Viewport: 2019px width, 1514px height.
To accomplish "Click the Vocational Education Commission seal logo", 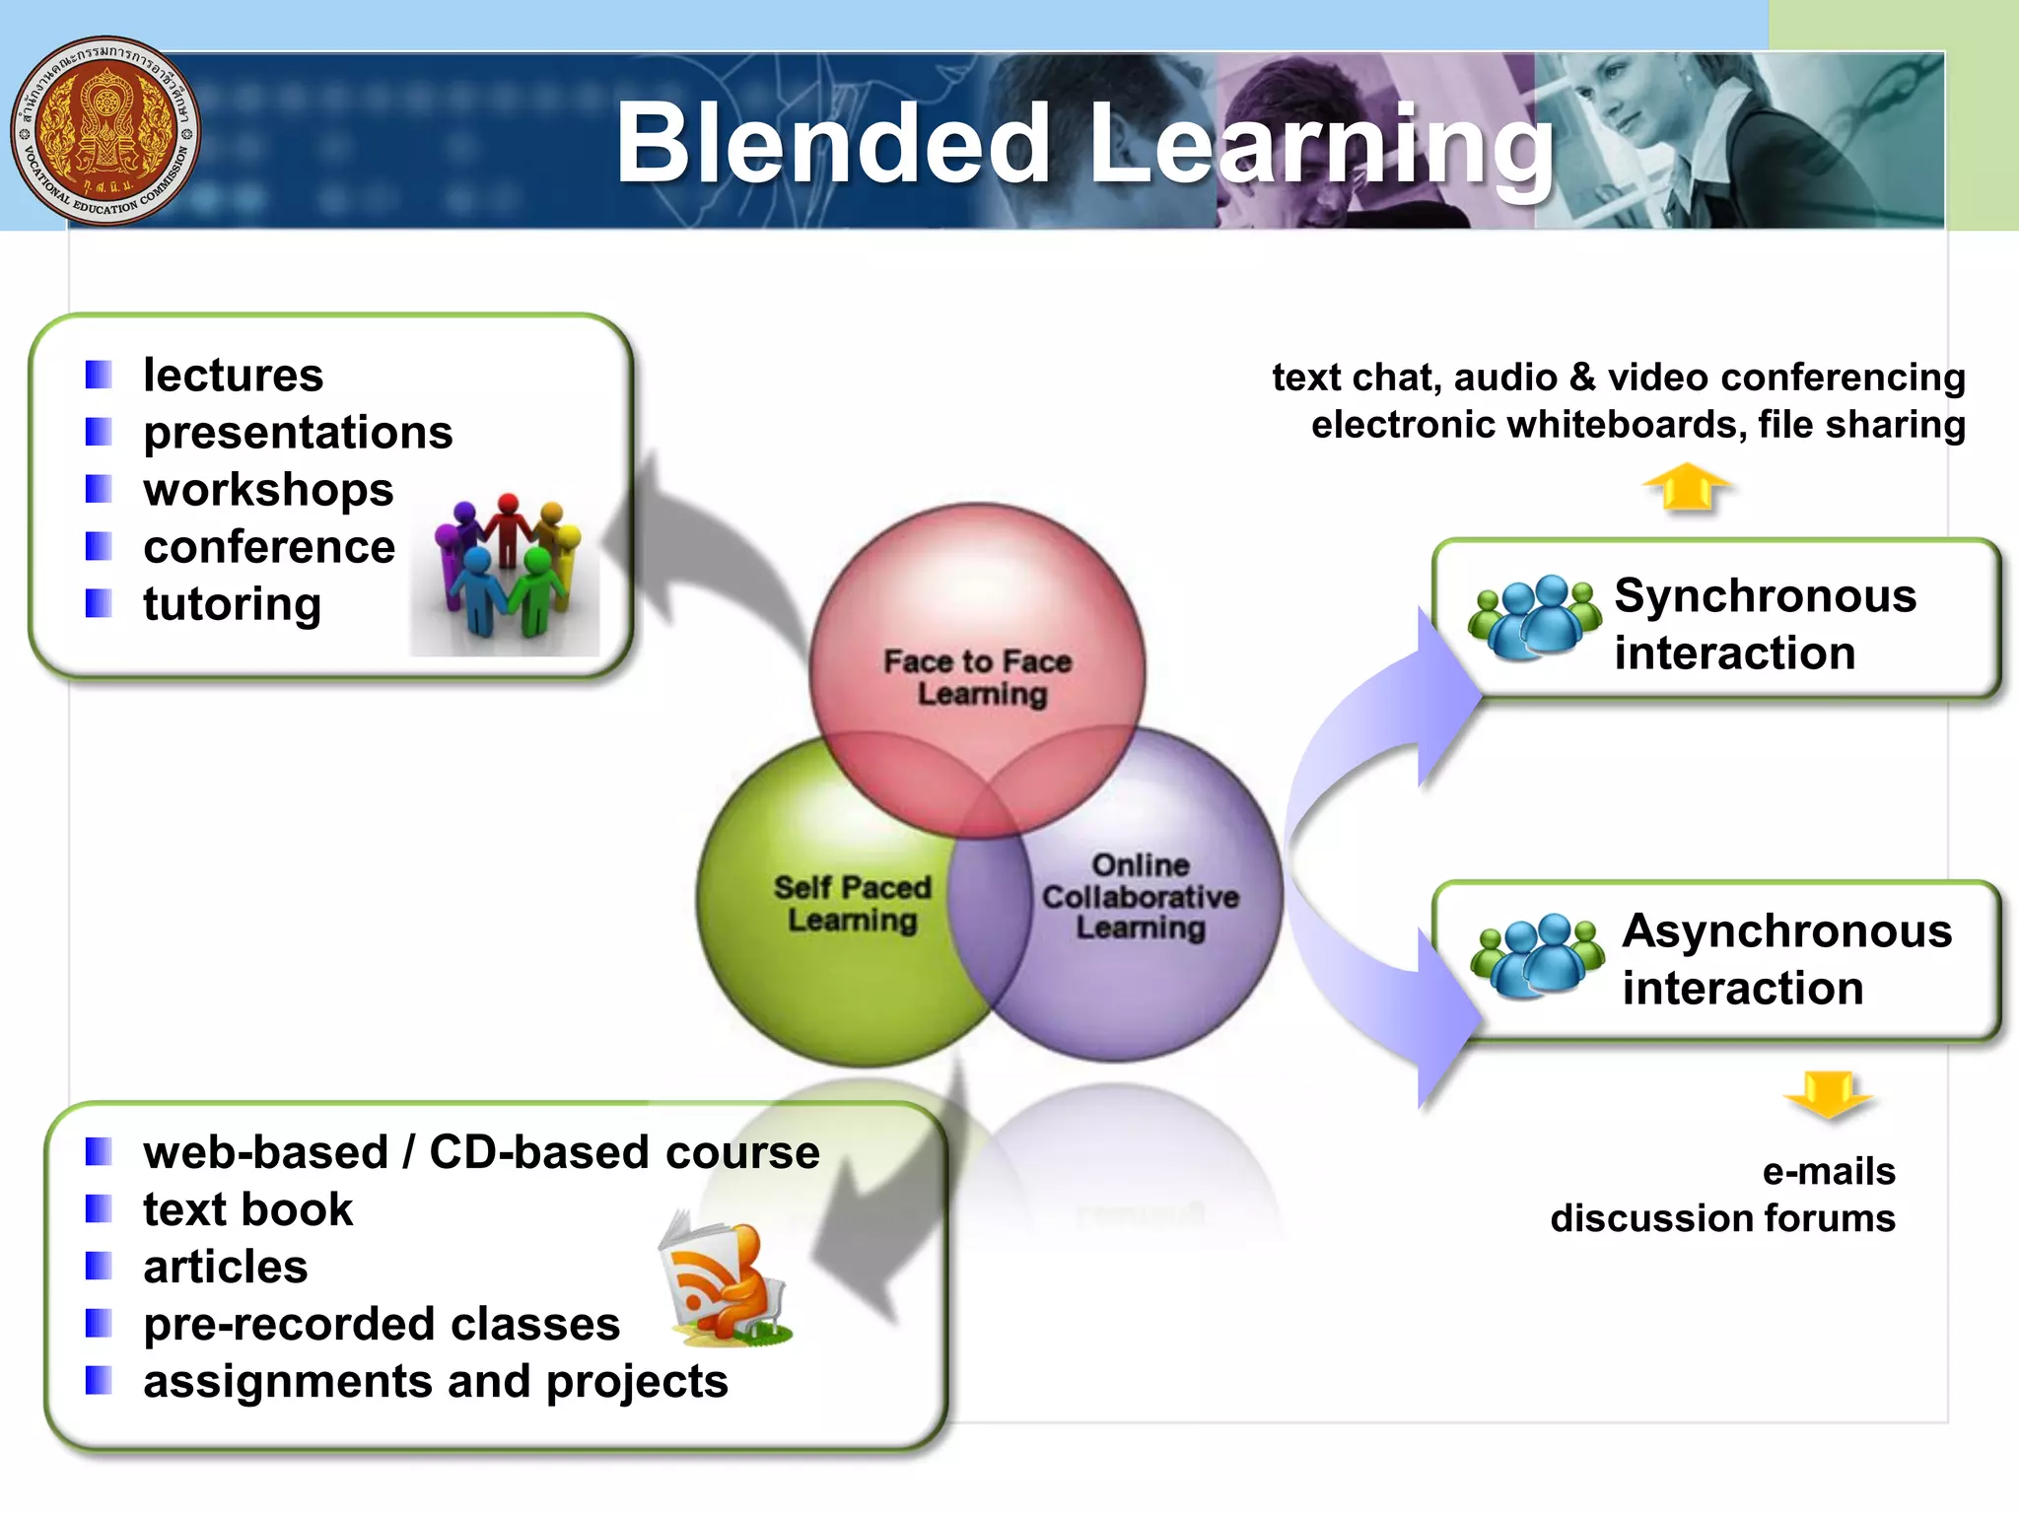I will pos(104,131).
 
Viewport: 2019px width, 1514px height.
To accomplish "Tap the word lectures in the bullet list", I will pos(233,376).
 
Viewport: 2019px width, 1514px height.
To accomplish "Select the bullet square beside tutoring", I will pos(99,603).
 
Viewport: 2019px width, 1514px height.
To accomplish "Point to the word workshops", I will pos(268,490).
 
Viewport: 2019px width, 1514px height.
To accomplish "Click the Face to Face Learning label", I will pos(978,677).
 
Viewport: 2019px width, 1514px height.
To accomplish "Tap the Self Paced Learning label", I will pos(853,903).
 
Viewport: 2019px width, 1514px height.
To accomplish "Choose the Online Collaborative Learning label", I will pos(1141,896).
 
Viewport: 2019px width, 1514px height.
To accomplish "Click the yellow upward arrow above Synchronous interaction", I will pos(1687,487).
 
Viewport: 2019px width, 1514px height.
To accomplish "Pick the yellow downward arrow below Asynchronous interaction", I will pos(1827,1094).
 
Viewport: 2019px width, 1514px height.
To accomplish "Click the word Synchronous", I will pos(1765,596).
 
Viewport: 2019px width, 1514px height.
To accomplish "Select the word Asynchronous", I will pos(1786,931).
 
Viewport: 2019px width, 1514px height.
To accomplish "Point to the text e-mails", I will pos(1829,1171).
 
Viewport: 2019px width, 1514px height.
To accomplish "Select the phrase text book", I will pos(247,1210).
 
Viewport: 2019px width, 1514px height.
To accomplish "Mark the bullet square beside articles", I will pos(99,1267).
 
